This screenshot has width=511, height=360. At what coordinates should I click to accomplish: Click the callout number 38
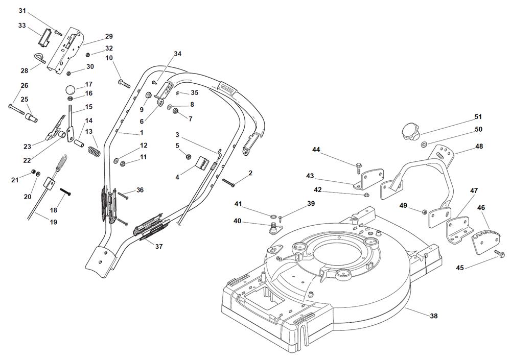pos(434,316)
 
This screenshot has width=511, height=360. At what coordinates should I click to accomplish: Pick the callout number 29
pos(109,36)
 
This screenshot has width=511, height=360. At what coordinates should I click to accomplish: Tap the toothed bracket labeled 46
pos(482,240)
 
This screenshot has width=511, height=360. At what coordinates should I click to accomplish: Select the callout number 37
pos(159,247)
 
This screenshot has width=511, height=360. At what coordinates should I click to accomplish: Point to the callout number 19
pos(53,222)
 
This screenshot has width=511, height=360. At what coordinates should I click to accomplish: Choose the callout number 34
pos(177,54)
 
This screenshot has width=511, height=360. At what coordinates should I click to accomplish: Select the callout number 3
pos(177,135)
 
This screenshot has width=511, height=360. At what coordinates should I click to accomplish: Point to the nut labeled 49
pos(424,211)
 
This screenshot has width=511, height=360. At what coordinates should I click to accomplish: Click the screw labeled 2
pos(228,181)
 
